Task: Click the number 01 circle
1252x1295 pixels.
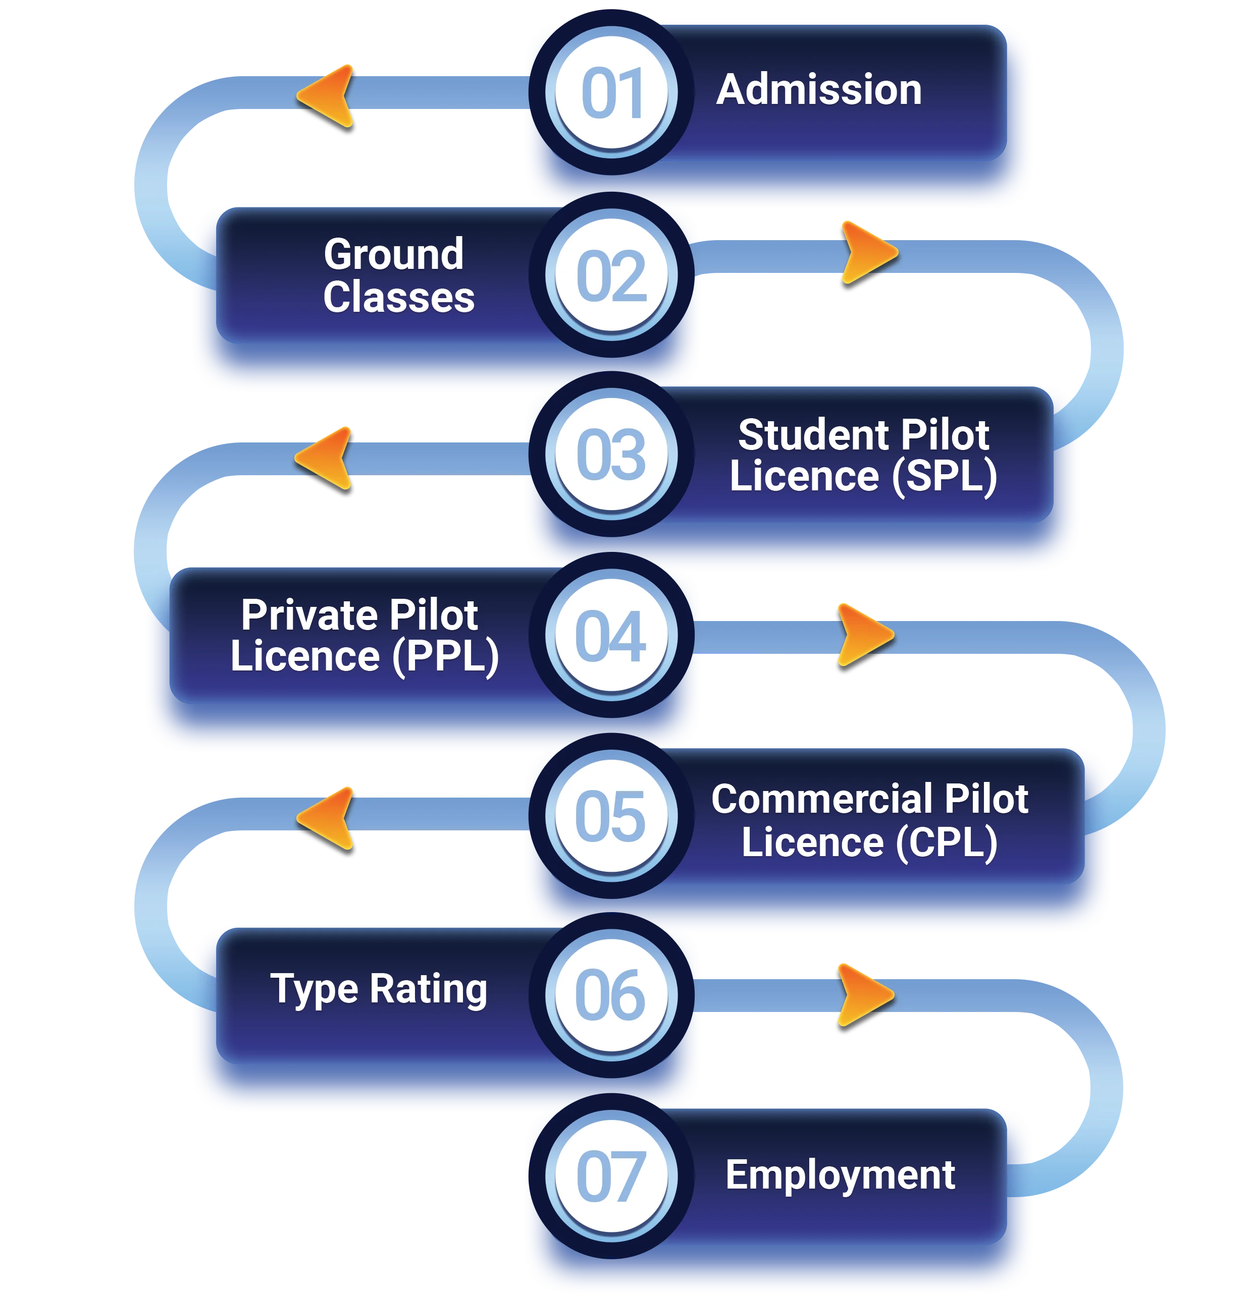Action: coord(612,92)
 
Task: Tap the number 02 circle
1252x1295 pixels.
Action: coord(612,275)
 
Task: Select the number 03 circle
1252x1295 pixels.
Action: coord(612,455)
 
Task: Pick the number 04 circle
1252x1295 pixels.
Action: coord(612,636)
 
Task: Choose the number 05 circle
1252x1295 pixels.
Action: coord(612,816)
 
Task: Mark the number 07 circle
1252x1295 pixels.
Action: coord(612,1176)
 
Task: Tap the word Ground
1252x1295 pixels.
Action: coord(394,254)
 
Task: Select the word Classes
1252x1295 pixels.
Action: coord(399,297)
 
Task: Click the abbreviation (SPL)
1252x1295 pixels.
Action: coord(945,476)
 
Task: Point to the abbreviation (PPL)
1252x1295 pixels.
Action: coord(446,657)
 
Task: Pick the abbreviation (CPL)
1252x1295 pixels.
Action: coord(947,842)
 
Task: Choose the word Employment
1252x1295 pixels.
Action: coord(840,1175)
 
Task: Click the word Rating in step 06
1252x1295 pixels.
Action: coord(428,989)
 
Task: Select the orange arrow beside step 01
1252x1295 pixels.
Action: coord(328,95)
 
